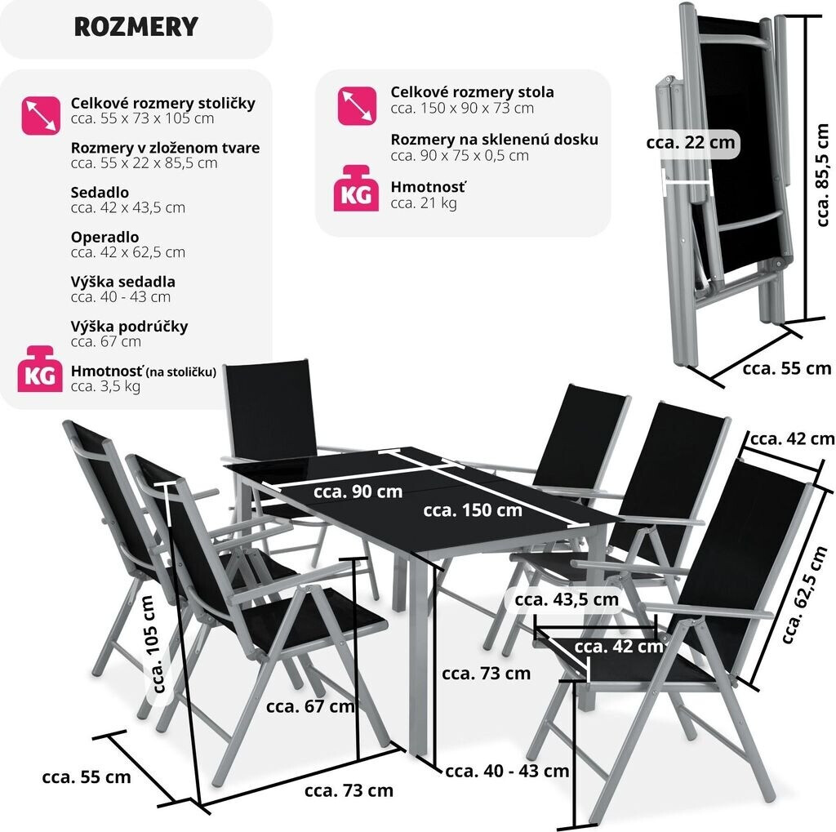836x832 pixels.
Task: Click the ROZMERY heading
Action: click(x=136, y=27)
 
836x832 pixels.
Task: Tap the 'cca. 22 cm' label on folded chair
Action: click(x=691, y=143)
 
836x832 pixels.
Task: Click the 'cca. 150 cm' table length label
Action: click(x=472, y=510)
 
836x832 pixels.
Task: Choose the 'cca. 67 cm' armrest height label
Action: click(x=310, y=706)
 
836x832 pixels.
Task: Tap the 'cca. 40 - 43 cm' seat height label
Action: click(x=507, y=770)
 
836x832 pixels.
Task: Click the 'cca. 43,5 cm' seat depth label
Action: click(x=567, y=599)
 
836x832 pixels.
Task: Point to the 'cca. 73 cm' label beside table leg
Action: click(x=486, y=674)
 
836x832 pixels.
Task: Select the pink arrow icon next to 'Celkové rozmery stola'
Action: click(x=357, y=106)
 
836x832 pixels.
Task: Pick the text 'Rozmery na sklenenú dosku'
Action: click(x=494, y=140)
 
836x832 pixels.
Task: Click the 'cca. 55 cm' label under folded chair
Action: click(x=786, y=367)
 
